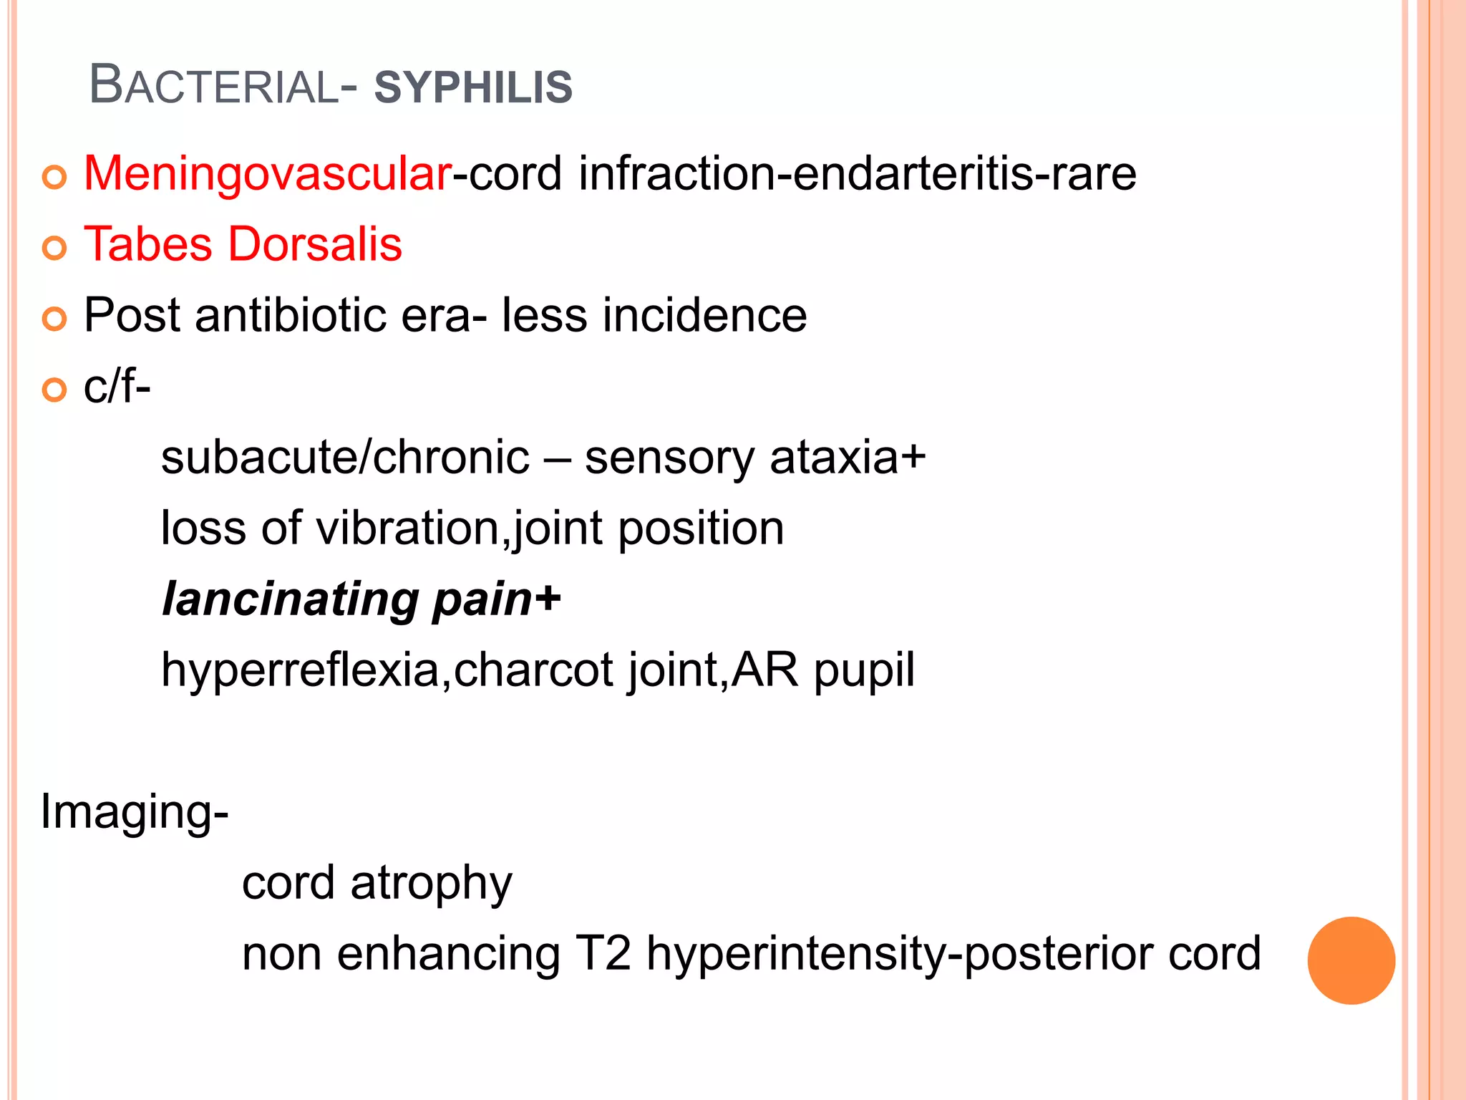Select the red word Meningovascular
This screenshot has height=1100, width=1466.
267,174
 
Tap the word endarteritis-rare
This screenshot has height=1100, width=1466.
964,174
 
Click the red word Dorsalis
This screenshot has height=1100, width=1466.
315,245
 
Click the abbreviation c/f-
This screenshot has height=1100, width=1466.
117,387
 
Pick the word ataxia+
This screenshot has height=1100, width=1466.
848,458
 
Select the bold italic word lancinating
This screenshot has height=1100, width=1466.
291,599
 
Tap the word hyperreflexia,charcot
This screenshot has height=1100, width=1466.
387,670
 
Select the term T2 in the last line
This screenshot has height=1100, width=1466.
603,954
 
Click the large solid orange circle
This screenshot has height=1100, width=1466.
1351,960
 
